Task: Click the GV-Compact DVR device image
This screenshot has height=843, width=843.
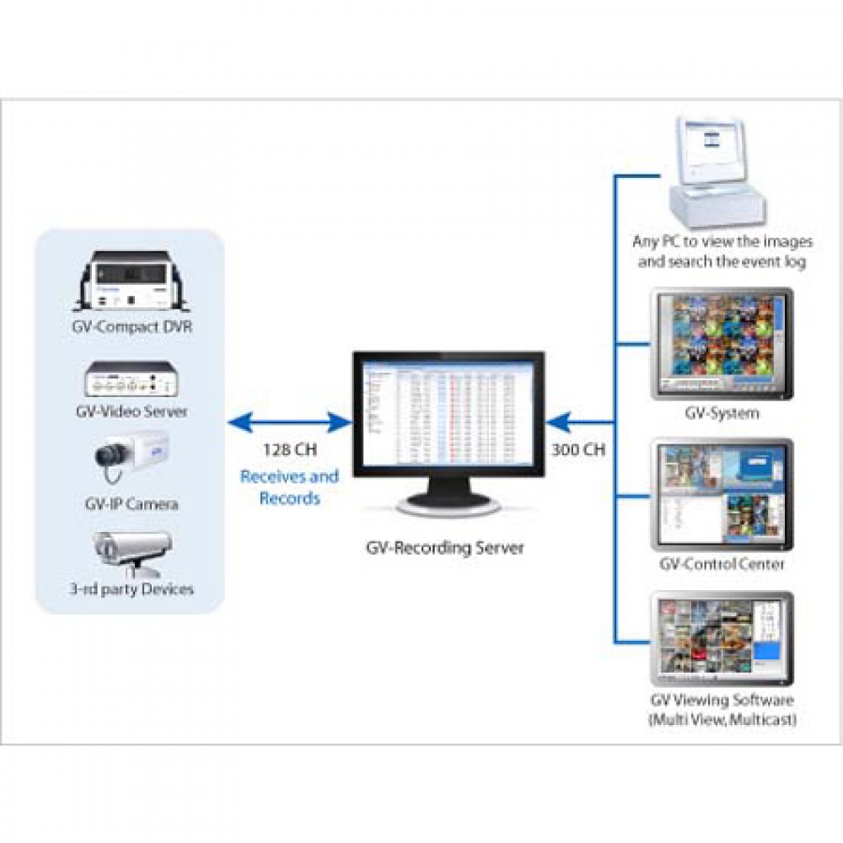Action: pyautogui.click(x=130, y=283)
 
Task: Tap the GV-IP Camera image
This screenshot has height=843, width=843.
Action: pyautogui.click(x=131, y=459)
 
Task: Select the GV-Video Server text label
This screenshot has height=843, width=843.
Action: pyautogui.click(x=131, y=412)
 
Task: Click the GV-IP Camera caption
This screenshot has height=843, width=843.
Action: pyautogui.click(x=131, y=504)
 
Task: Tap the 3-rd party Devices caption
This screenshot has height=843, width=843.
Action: pyautogui.click(x=131, y=588)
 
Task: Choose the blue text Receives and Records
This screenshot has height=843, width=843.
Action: pyautogui.click(x=289, y=487)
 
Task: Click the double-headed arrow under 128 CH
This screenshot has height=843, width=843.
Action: pyautogui.click(x=289, y=420)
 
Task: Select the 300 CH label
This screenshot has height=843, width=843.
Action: pyautogui.click(x=577, y=449)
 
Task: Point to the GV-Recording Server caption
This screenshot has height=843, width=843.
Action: pyautogui.click(x=444, y=548)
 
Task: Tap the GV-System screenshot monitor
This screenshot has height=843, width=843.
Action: pyautogui.click(x=722, y=344)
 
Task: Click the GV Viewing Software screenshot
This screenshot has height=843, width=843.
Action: pyautogui.click(x=722, y=637)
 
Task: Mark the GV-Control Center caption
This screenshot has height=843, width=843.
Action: pyautogui.click(x=722, y=564)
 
